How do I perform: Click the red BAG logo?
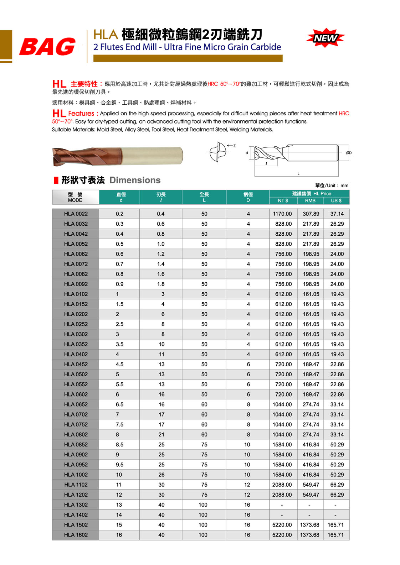click(47, 47)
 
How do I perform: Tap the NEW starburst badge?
click(325, 38)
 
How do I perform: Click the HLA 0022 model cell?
click(76, 214)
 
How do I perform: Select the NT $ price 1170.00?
click(282, 214)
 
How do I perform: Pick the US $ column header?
click(336, 201)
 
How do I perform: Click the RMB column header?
click(310, 201)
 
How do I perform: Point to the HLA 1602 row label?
click(76, 535)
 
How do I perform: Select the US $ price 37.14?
click(337, 214)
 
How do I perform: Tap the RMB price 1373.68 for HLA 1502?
click(309, 525)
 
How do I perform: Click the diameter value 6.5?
click(119, 405)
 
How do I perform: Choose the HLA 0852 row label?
click(76, 445)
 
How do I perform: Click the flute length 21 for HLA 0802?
click(161, 435)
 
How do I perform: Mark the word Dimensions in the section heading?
click(135, 180)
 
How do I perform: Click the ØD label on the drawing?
click(349, 153)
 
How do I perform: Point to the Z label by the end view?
click(235, 146)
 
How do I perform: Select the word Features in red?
click(81, 114)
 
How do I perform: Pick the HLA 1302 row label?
click(76, 505)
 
